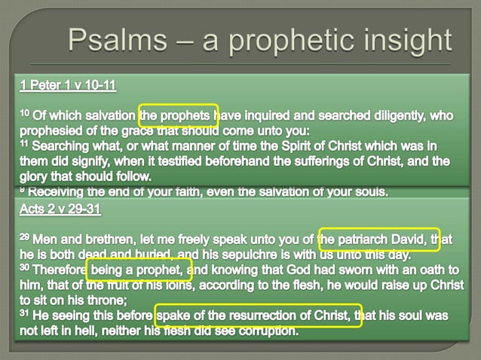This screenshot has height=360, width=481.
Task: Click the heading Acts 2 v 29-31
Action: tap(60, 208)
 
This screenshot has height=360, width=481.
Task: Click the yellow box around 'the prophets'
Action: tap(179, 115)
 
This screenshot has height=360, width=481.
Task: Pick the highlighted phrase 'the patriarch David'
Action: tap(378, 239)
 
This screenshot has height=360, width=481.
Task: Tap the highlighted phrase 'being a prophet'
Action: tap(139, 269)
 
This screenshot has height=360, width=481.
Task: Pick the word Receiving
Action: tap(60, 191)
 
